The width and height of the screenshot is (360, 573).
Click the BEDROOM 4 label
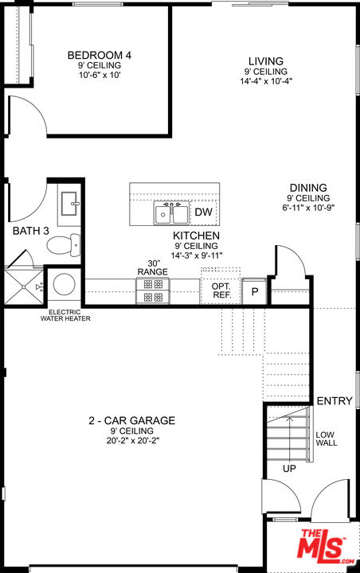[x=99, y=55]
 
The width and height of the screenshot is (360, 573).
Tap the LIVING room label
[x=265, y=61]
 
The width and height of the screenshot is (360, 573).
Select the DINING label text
[x=308, y=188]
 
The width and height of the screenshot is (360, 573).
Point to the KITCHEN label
[x=196, y=236]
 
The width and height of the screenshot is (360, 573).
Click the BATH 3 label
[x=31, y=231]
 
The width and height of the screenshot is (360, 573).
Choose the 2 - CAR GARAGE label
[x=131, y=420]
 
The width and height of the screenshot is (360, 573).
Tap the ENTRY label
[x=334, y=401]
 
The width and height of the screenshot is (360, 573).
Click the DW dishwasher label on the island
[x=204, y=212]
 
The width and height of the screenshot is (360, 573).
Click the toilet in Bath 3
[x=65, y=243]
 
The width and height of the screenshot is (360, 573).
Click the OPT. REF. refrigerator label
[x=221, y=290]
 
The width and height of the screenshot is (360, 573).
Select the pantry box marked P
[x=255, y=291]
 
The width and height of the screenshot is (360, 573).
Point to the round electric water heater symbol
[x=63, y=285]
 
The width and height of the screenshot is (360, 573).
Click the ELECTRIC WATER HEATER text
[x=65, y=315]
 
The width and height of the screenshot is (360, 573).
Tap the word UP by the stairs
[x=288, y=469]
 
